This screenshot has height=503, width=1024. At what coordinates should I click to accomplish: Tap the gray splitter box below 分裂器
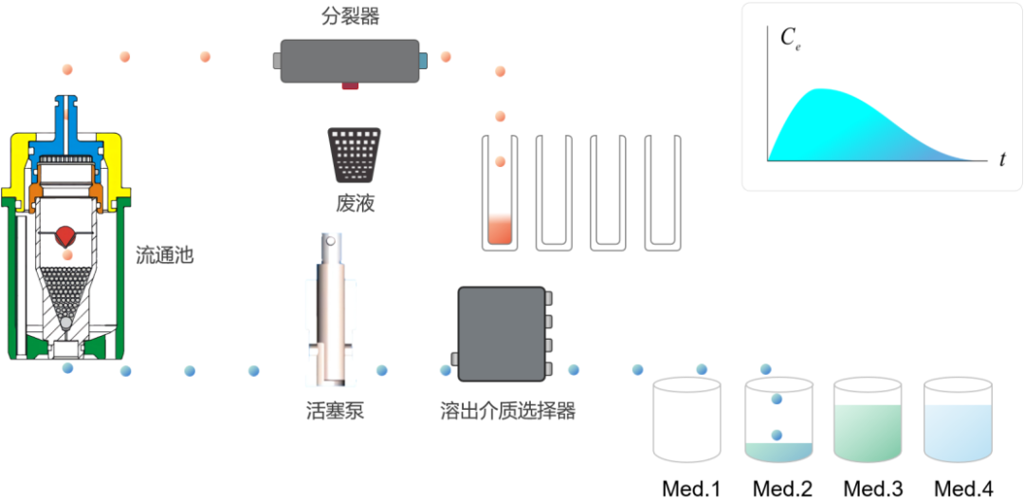tap(349, 61)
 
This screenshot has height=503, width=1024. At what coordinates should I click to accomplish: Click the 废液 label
tap(355, 203)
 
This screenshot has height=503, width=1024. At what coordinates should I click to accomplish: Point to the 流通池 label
tap(164, 254)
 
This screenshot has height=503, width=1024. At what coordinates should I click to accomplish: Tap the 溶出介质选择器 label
tap(508, 411)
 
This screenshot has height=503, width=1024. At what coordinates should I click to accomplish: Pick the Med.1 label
tap(691, 490)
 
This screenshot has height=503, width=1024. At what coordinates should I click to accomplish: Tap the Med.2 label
tap(782, 490)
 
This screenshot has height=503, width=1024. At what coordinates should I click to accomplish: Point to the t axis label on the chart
tap(1001, 159)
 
